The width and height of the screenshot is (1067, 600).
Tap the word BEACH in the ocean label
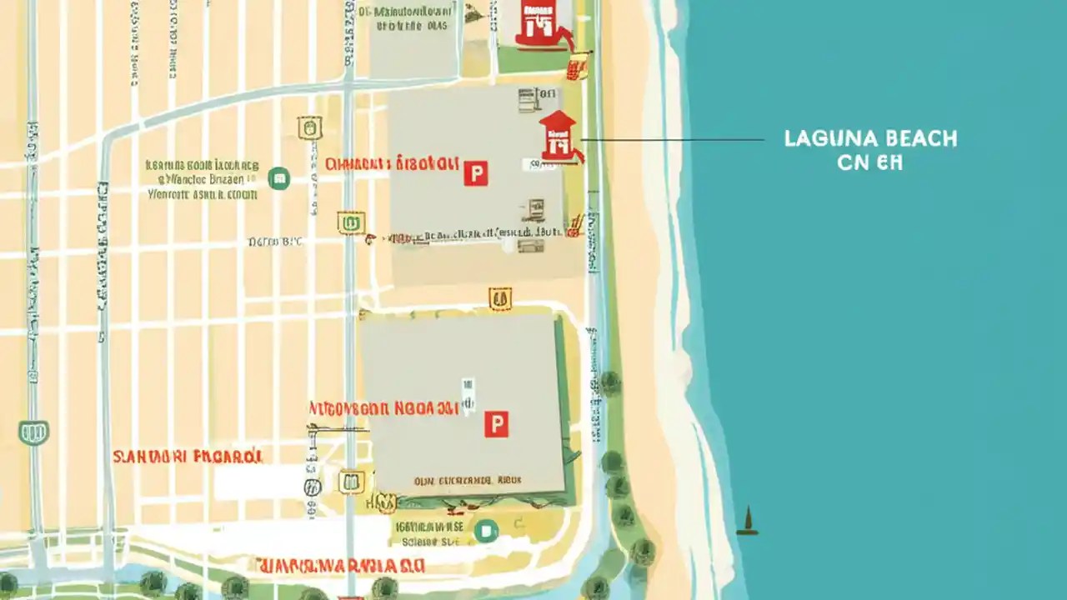(x=916, y=139)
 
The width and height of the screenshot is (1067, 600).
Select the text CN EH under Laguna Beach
(x=869, y=163)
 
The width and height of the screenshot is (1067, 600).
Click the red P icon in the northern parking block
(x=475, y=173)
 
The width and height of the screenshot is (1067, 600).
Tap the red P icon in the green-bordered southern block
(x=496, y=424)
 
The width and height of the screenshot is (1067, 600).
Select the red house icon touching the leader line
(x=559, y=136)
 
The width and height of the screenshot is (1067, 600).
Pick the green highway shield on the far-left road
(x=33, y=432)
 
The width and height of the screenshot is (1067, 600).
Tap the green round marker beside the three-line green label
(x=278, y=177)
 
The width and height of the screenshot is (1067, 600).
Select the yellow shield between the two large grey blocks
(x=499, y=299)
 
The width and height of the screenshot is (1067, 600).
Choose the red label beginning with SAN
(x=188, y=457)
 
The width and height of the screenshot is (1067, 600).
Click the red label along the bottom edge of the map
(x=340, y=566)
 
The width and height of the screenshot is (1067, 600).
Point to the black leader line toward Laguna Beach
(x=671, y=139)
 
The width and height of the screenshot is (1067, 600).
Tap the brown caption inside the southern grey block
(x=467, y=481)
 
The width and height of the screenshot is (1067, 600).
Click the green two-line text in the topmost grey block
(x=412, y=19)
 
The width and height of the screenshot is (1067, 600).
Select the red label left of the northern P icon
(x=392, y=163)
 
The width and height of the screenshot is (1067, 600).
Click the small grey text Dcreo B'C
(x=276, y=242)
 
